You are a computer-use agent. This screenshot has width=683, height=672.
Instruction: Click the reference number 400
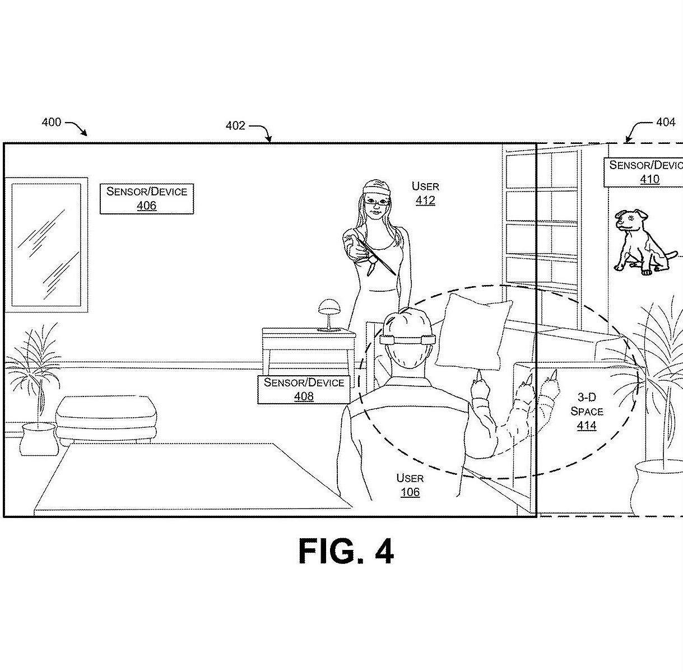point(52,122)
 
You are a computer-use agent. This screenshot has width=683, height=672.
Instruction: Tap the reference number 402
point(235,126)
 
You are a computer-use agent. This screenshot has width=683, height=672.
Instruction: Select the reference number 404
point(665,122)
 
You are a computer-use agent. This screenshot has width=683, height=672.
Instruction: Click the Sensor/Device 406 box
point(147,199)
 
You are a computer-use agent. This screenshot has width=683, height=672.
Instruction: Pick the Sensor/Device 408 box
point(304,390)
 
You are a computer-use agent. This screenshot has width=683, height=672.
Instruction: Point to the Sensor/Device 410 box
point(643,172)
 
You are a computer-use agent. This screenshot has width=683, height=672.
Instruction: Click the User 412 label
point(425,193)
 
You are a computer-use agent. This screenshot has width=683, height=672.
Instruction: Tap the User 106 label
point(410,486)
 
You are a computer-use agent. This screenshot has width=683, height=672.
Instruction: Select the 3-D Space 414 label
point(587,411)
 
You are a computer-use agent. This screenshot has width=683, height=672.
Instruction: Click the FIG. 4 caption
point(346,551)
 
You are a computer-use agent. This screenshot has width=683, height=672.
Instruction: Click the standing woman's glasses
point(377,202)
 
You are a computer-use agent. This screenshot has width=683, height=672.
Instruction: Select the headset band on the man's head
point(407,339)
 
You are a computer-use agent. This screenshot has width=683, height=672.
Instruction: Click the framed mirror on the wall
point(46,245)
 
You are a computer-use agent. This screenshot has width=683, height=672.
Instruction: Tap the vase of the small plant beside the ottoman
point(39,440)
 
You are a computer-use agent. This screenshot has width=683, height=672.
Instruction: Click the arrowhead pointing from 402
point(270,139)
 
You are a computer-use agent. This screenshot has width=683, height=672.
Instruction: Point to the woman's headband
point(376,188)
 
